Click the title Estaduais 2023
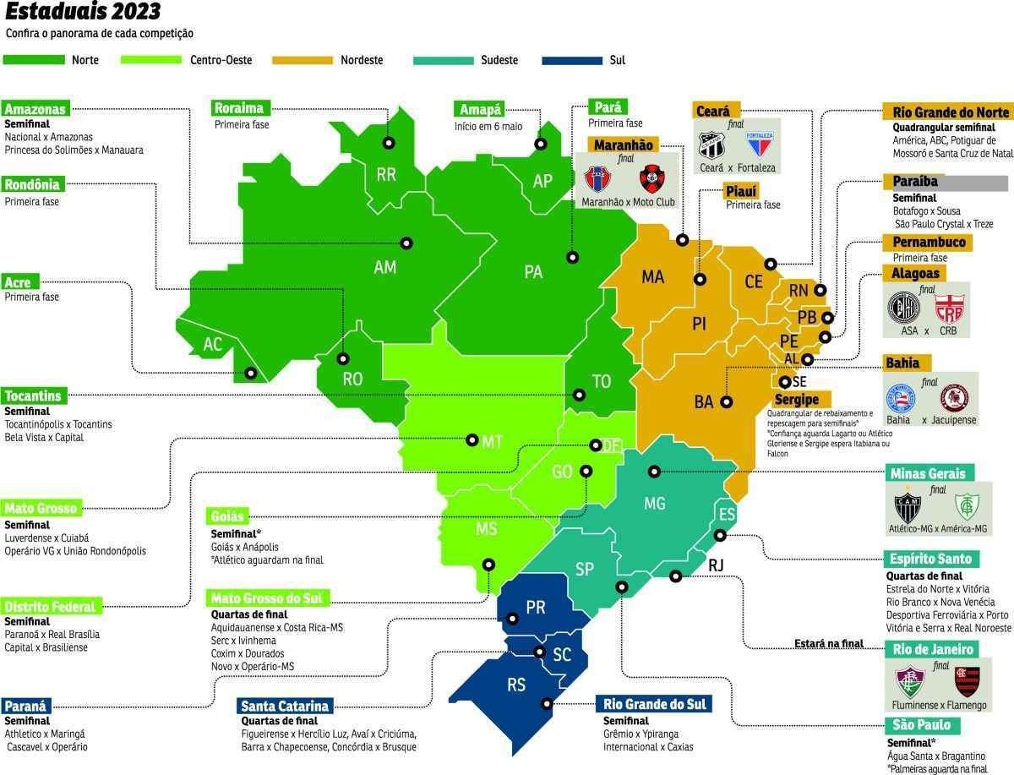point(80,13)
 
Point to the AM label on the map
point(384,267)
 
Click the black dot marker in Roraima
point(389,143)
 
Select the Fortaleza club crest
point(759,145)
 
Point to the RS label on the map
point(516,685)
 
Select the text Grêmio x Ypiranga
point(641,734)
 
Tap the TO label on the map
point(601,382)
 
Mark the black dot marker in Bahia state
point(725,402)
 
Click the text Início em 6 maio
point(489,126)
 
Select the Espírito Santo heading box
point(930,559)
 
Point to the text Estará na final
point(828,643)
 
